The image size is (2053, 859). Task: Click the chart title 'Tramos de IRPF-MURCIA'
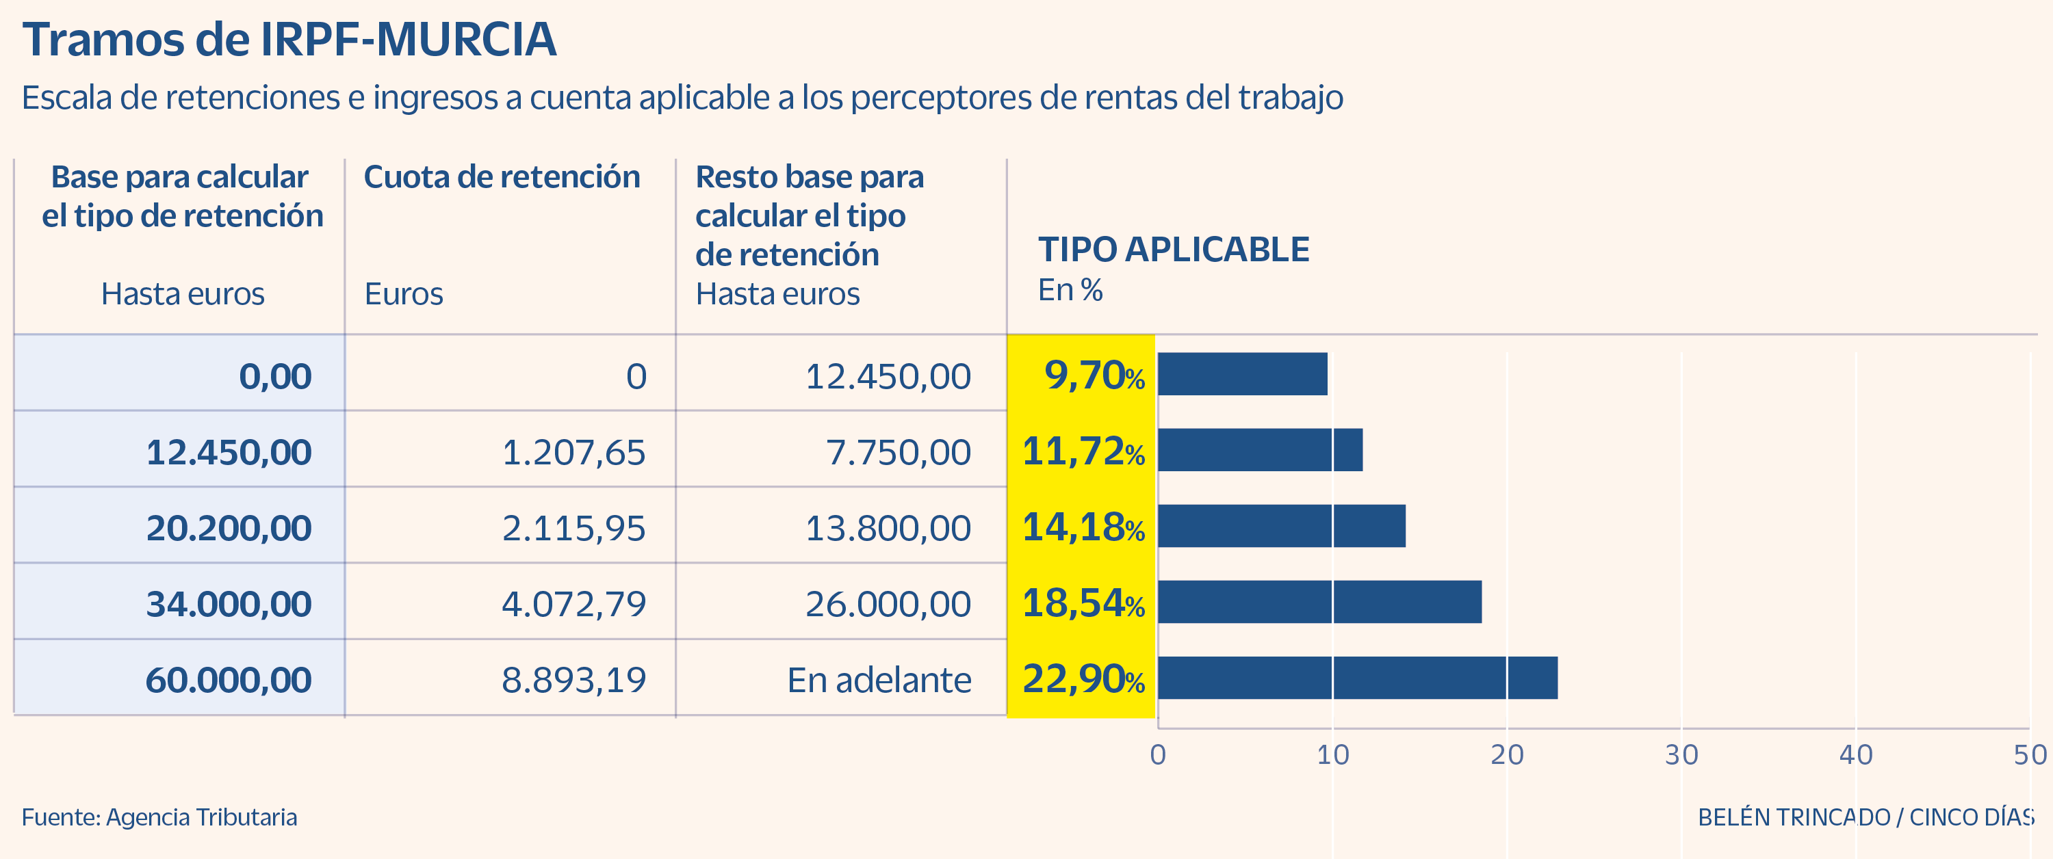click(x=289, y=39)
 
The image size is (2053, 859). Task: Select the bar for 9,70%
click(x=1243, y=373)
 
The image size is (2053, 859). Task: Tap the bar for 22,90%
click(x=1357, y=678)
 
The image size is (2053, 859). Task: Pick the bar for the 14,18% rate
click(x=1282, y=526)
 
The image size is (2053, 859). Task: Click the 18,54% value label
click(x=1083, y=603)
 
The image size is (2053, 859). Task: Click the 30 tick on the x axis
click(x=1681, y=754)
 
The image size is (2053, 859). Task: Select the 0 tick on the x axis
click(x=1158, y=754)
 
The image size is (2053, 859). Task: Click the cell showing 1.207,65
click(x=574, y=453)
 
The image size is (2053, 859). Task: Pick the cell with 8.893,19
click(x=574, y=680)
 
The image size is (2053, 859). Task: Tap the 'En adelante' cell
click(x=879, y=680)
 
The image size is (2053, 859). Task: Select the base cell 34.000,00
click(x=229, y=604)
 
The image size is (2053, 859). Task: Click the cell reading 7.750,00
click(x=898, y=453)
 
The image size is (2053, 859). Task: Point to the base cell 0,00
click(x=275, y=376)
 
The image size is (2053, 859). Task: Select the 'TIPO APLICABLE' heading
click(x=1173, y=250)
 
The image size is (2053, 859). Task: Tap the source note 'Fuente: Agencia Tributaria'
click(x=159, y=817)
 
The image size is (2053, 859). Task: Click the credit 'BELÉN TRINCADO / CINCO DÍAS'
click(x=1865, y=817)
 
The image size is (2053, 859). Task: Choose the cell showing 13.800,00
click(x=888, y=528)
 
